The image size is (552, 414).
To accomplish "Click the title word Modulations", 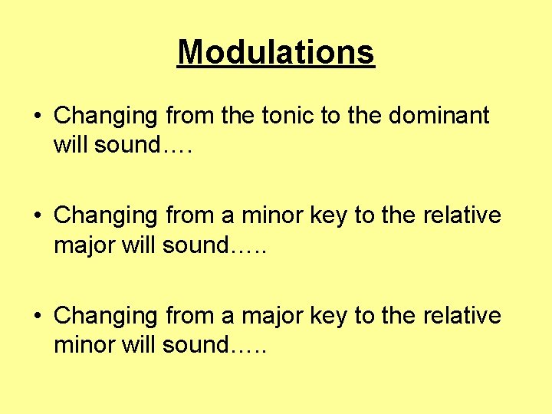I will tap(276, 52).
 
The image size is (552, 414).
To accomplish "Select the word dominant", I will tap(440, 116).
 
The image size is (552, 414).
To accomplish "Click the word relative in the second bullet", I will tap(462, 215).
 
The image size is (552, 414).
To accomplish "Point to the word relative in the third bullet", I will tap(462, 315).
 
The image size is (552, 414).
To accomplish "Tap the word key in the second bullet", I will tap(327, 215).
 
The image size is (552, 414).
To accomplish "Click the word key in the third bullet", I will tap(327, 315).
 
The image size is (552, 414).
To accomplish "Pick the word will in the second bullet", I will tap(139, 245).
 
